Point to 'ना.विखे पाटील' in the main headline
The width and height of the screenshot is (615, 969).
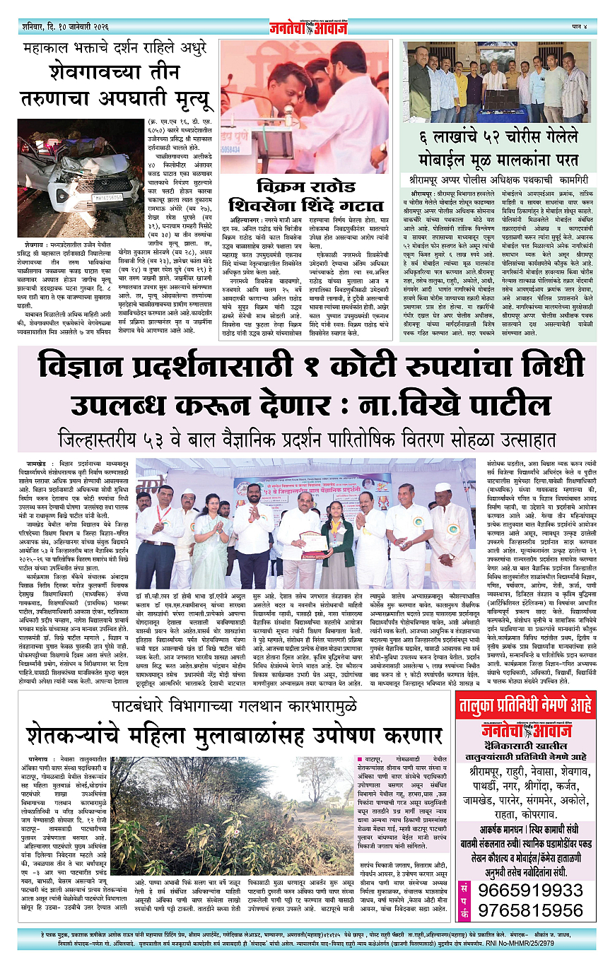tap(481, 405)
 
